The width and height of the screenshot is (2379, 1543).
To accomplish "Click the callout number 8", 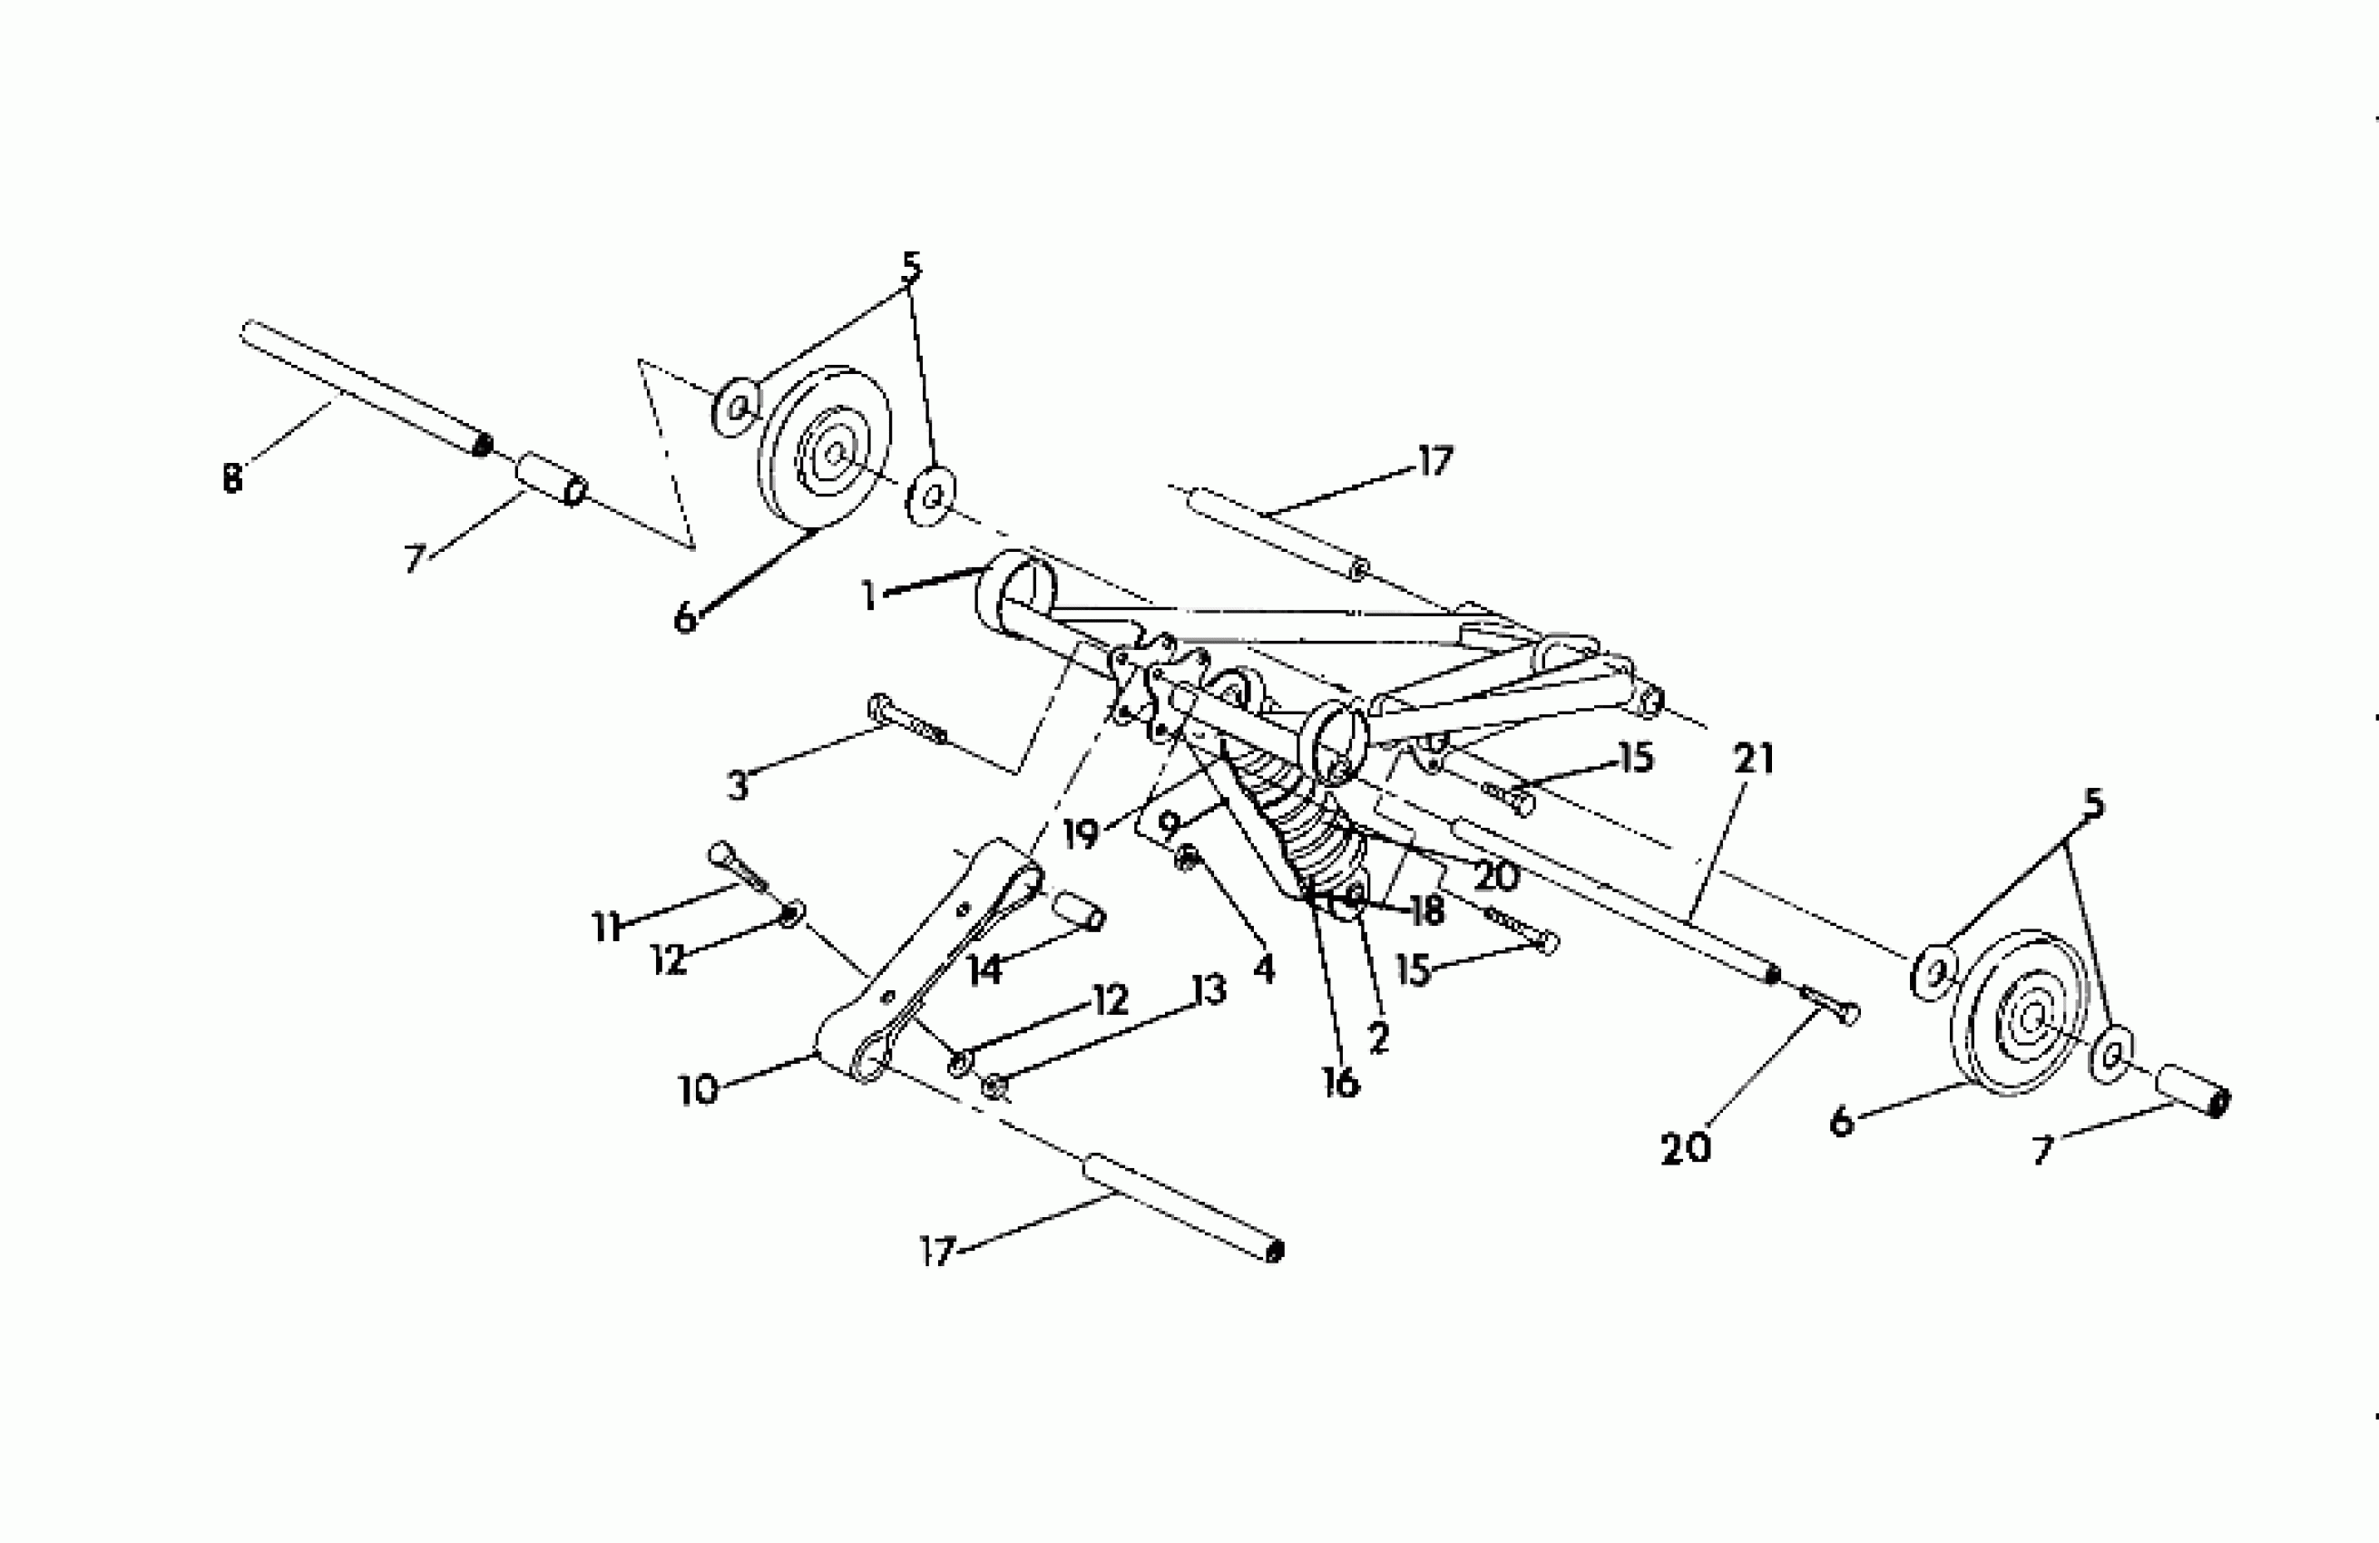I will pyautogui.click(x=232, y=478).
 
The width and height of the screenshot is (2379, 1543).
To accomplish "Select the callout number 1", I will pyautogui.click(x=868, y=597).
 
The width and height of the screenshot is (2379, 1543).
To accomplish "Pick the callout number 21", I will pyautogui.click(x=1754, y=760).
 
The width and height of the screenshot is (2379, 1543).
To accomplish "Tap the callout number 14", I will pyautogui.click(x=985, y=968).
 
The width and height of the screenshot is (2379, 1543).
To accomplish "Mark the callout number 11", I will pyautogui.click(x=607, y=928).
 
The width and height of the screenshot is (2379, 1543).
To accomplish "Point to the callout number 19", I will pyautogui.click(x=1081, y=833).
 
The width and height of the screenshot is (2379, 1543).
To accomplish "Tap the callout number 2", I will pyautogui.click(x=1378, y=1039).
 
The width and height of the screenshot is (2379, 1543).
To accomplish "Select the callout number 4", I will pyautogui.click(x=1265, y=967).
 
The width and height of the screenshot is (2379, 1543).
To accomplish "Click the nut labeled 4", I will pyautogui.click(x=1188, y=857).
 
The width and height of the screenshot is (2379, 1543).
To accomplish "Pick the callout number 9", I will pyautogui.click(x=1169, y=826).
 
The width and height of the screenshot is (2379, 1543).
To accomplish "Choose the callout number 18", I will pyautogui.click(x=1426, y=910).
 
